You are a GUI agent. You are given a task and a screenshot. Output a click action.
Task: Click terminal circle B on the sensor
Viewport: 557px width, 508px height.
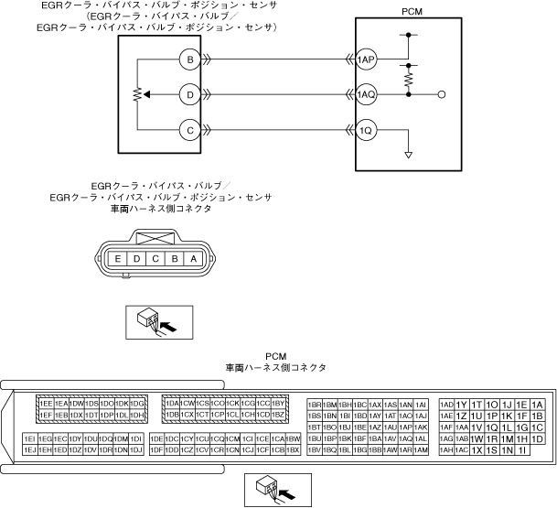tap(189, 60)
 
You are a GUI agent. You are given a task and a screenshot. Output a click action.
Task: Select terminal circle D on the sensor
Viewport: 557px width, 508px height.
tap(189, 94)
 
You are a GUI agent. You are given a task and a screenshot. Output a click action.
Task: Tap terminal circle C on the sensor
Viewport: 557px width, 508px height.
tap(189, 129)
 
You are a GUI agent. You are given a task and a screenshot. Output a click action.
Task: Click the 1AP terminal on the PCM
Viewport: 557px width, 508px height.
tap(367, 60)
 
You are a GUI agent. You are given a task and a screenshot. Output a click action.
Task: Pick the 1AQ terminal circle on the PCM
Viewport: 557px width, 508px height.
tap(367, 94)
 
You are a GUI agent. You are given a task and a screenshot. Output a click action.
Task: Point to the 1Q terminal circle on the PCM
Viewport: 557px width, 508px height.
tap(367, 129)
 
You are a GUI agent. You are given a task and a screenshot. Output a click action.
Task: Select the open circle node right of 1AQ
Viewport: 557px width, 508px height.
tap(443, 94)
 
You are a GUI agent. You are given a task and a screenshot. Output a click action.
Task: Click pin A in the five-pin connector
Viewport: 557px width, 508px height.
tap(192, 258)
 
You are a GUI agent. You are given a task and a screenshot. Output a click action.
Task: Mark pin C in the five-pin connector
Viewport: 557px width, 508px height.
tap(155, 258)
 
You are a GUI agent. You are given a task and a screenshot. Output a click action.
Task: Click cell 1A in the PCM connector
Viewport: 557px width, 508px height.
tap(537, 405)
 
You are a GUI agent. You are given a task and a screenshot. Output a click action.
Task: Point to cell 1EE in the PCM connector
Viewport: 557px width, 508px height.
tap(45, 404)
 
